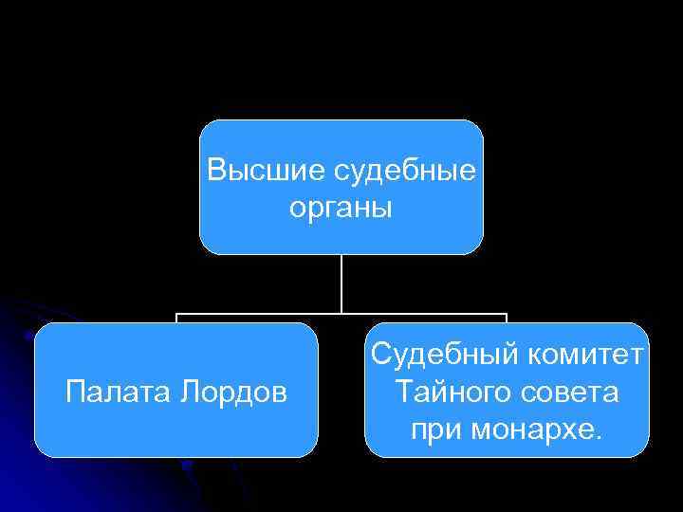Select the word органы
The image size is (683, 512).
point(341,207)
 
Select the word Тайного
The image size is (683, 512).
point(450,391)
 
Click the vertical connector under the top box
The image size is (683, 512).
point(341,283)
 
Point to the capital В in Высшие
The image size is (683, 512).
point(215,171)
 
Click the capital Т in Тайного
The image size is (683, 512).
point(403,391)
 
